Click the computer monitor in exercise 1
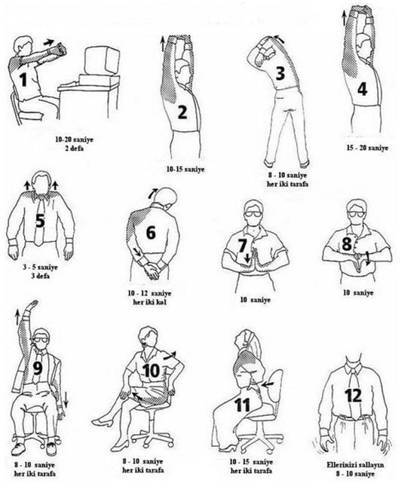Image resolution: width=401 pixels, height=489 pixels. [102, 62]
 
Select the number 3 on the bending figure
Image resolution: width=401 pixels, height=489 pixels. [280, 72]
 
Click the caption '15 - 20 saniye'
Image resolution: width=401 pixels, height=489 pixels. [368, 148]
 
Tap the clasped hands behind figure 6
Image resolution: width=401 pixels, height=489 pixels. [152, 270]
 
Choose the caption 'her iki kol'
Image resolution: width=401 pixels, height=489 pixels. [149, 302]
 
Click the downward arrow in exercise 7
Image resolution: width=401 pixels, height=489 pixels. [247, 258]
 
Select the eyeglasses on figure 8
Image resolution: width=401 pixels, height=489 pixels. [357, 214]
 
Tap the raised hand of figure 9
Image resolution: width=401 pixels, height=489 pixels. [33, 304]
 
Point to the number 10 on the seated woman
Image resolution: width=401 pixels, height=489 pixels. [151, 371]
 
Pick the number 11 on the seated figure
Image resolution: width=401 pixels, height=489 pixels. [243, 405]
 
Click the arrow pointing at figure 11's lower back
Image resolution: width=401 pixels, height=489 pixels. [268, 384]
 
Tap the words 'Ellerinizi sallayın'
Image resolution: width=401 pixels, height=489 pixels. [355, 465]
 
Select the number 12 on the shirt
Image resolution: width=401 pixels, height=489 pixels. [354, 395]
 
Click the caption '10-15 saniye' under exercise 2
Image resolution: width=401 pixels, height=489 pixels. [185, 170]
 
